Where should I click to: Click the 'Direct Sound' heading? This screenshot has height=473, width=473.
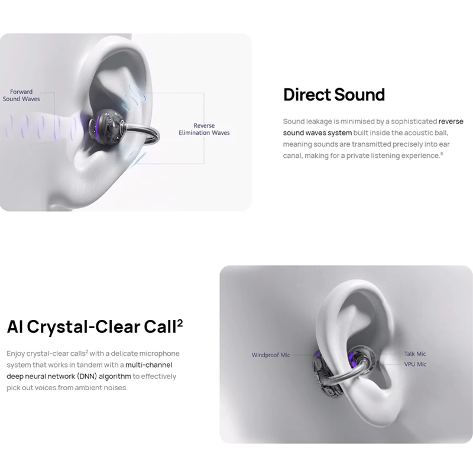(x=334, y=95)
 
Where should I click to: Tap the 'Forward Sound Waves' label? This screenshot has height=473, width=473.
(x=21, y=95)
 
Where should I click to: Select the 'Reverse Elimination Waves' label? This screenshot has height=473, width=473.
(x=204, y=129)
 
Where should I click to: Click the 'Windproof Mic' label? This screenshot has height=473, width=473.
(x=271, y=355)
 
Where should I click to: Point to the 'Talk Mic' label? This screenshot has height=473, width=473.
(x=415, y=354)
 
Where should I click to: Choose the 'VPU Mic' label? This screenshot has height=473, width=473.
(x=415, y=364)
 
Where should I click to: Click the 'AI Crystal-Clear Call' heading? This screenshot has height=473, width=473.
(x=92, y=327)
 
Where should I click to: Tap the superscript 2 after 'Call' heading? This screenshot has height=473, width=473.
(x=180, y=323)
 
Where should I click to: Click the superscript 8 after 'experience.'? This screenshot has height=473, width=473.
(x=442, y=154)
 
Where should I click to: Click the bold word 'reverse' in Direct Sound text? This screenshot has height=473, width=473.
(x=451, y=121)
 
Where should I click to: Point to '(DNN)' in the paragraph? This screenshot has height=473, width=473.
(x=87, y=377)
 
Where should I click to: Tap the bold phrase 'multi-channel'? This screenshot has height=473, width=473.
(x=149, y=365)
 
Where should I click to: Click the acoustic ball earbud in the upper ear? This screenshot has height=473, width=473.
(x=106, y=125)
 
